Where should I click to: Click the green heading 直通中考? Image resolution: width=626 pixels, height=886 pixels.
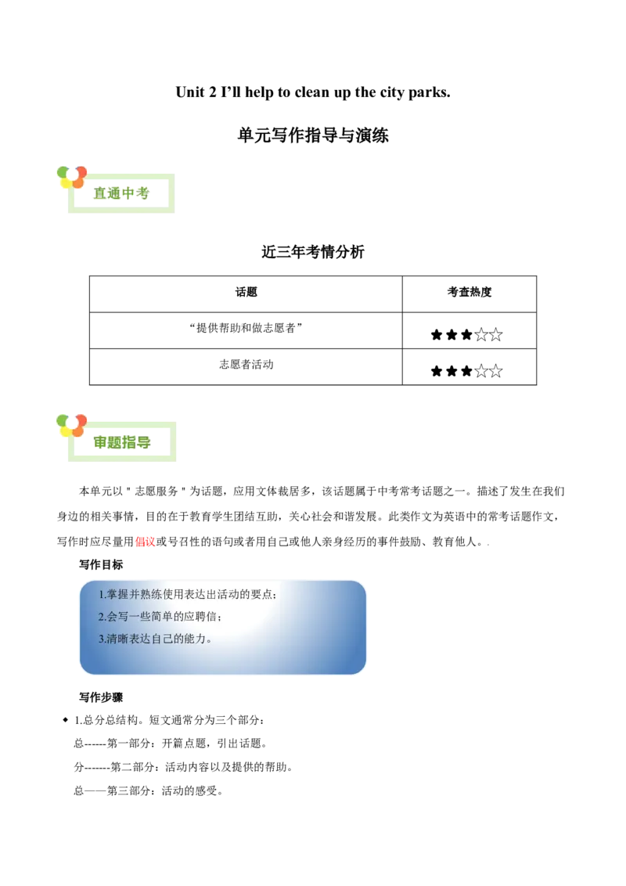[121, 193]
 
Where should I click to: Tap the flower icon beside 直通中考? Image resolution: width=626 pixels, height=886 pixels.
[71, 178]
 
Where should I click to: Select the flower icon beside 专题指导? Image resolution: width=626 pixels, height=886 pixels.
[70, 426]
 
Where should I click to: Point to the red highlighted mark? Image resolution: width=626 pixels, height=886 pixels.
[145, 542]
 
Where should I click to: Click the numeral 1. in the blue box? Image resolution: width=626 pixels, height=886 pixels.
[103, 595]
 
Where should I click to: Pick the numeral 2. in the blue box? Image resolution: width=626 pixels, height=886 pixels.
[103, 617]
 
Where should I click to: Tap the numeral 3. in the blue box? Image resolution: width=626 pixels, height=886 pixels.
[103, 639]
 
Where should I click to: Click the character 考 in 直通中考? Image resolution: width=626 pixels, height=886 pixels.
[142, 193]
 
